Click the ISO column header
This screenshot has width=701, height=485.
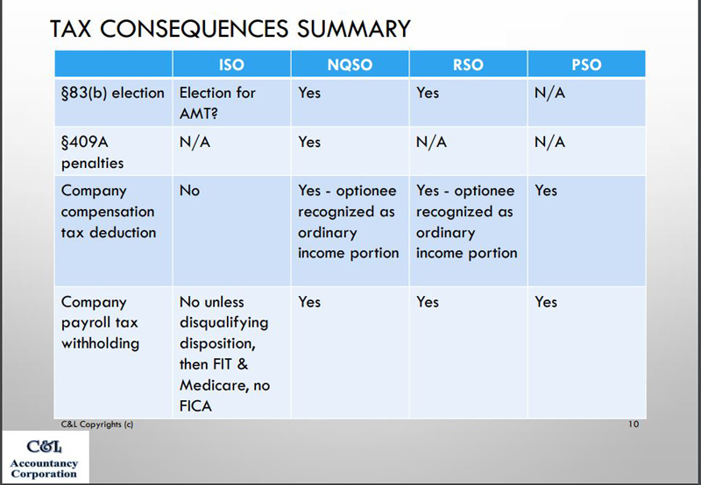tap(231, 65)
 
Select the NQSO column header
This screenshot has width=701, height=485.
tap(350, 65)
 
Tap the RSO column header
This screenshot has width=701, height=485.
tap(468, 65)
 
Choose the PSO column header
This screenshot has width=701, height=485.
tap(586, 65)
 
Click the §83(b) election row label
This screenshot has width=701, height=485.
tap(113, 93)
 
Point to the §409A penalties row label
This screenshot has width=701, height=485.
tap(92, 152)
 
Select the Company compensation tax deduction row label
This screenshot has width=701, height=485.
tap(108, 211)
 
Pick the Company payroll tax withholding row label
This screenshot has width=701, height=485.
tap(100, 322)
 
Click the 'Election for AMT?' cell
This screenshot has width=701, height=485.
tap(217, 102)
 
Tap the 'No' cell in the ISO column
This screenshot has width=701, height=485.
tap(189, 191)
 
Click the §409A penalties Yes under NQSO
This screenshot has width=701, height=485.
tap(309, 142)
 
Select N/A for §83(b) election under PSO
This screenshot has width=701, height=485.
tap(549, 93)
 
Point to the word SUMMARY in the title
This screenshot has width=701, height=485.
tap(354, 29)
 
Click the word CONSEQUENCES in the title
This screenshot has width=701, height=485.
tap(194, 29)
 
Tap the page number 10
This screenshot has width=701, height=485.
tap(634, 424)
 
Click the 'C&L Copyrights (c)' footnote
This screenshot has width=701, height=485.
tap(97, 425)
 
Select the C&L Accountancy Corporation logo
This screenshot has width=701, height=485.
tap(44, 459)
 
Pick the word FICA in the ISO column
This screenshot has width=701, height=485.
tap(195, 406)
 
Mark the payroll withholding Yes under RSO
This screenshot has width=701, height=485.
tap(428, 302)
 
